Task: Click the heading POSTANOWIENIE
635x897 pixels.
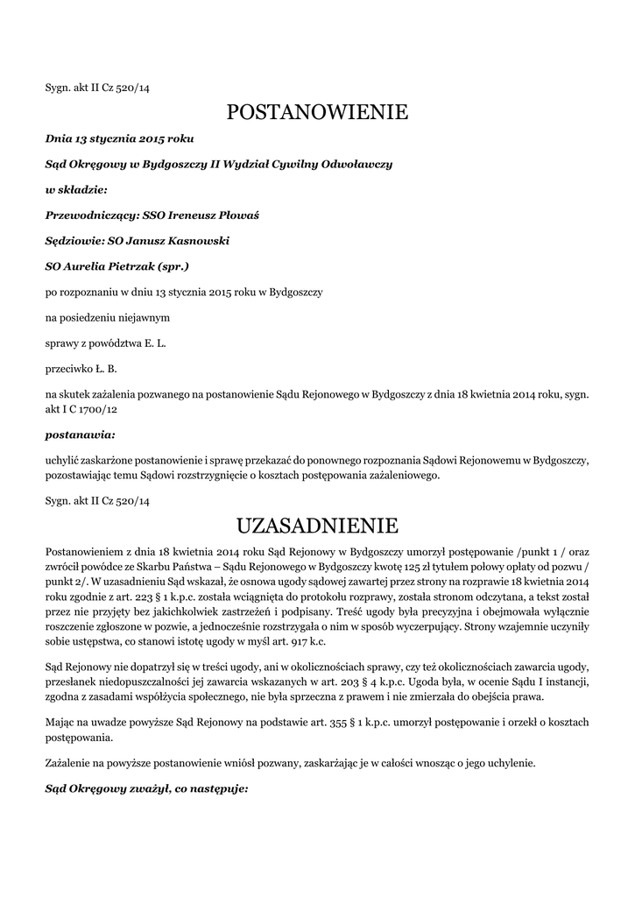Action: [317, 112]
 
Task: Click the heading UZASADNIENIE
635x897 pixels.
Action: [317, 526]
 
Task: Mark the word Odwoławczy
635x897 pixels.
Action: [358, 163]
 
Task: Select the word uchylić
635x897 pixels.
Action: [61, 459]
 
